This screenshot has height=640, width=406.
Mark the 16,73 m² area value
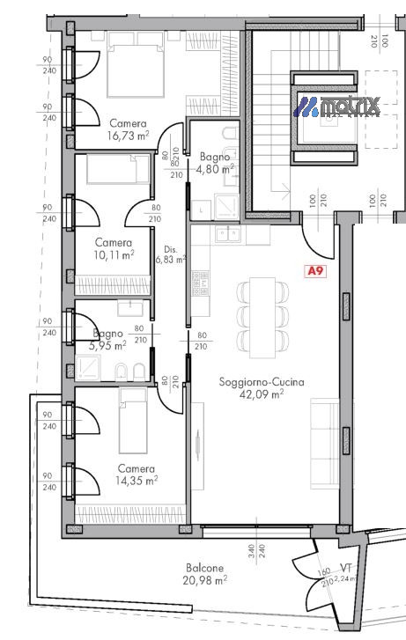(128, 136)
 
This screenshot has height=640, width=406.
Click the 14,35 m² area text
(137, 481)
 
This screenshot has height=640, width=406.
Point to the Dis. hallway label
(164, 247)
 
